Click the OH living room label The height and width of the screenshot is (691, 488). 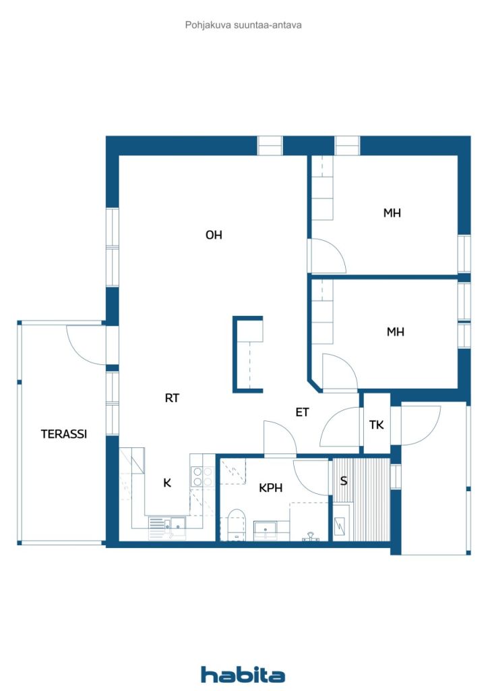click(214, 235)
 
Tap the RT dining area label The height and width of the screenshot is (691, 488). click(172, 398)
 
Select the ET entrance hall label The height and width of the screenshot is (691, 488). click(303, 412)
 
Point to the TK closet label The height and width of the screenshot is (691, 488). click(377, 425)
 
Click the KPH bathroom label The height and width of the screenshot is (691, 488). click(270, 488)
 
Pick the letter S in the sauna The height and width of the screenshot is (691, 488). click(344, 480)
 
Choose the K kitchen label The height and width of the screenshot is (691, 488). click(167, 483)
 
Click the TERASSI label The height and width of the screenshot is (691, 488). click(64, 434)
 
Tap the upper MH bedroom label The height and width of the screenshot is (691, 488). click(392, 213)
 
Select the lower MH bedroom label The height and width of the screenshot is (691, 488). click(395, 332)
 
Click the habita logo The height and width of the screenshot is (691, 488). click(243, 674)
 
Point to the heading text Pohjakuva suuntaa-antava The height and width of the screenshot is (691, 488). click(243, 25)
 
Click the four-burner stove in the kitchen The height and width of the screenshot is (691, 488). click(202, 476)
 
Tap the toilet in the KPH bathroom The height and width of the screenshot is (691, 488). click(237, 524)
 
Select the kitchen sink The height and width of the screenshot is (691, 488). click(179, 523)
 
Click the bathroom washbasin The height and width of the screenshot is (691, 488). click(266, 529)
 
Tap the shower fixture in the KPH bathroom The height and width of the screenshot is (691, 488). click(311, 536)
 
